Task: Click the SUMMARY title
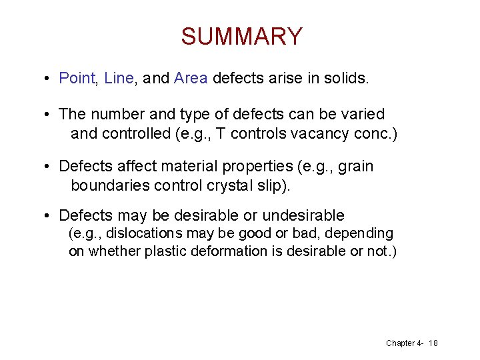coord(241,36)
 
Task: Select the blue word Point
coord(78,79)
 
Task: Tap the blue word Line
coord(119,79)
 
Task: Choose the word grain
coord(356,167)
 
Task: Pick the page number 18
coord(433,343)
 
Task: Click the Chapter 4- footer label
coord(405,343)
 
